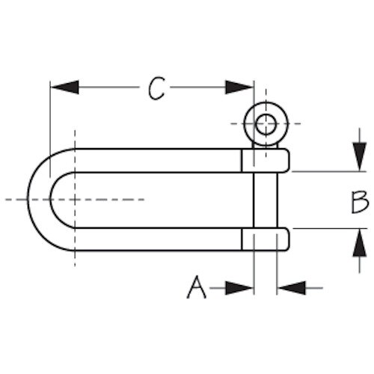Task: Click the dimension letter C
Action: tap(156, 88)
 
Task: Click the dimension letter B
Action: tap(359, 202)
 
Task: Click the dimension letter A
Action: tap(197, 286)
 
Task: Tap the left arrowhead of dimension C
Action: tap(65, 88)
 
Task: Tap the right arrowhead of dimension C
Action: tap(239, 88)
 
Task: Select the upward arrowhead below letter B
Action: tap(359, 242)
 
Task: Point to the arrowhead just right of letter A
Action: tap(239, 288)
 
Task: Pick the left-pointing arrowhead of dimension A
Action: tap(292, 288)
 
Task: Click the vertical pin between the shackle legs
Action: tap(266, 200)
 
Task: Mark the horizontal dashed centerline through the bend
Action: tap(75, 200)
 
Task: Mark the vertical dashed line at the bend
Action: tap(75, 198)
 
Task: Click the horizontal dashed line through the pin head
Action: tap(266, 123)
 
